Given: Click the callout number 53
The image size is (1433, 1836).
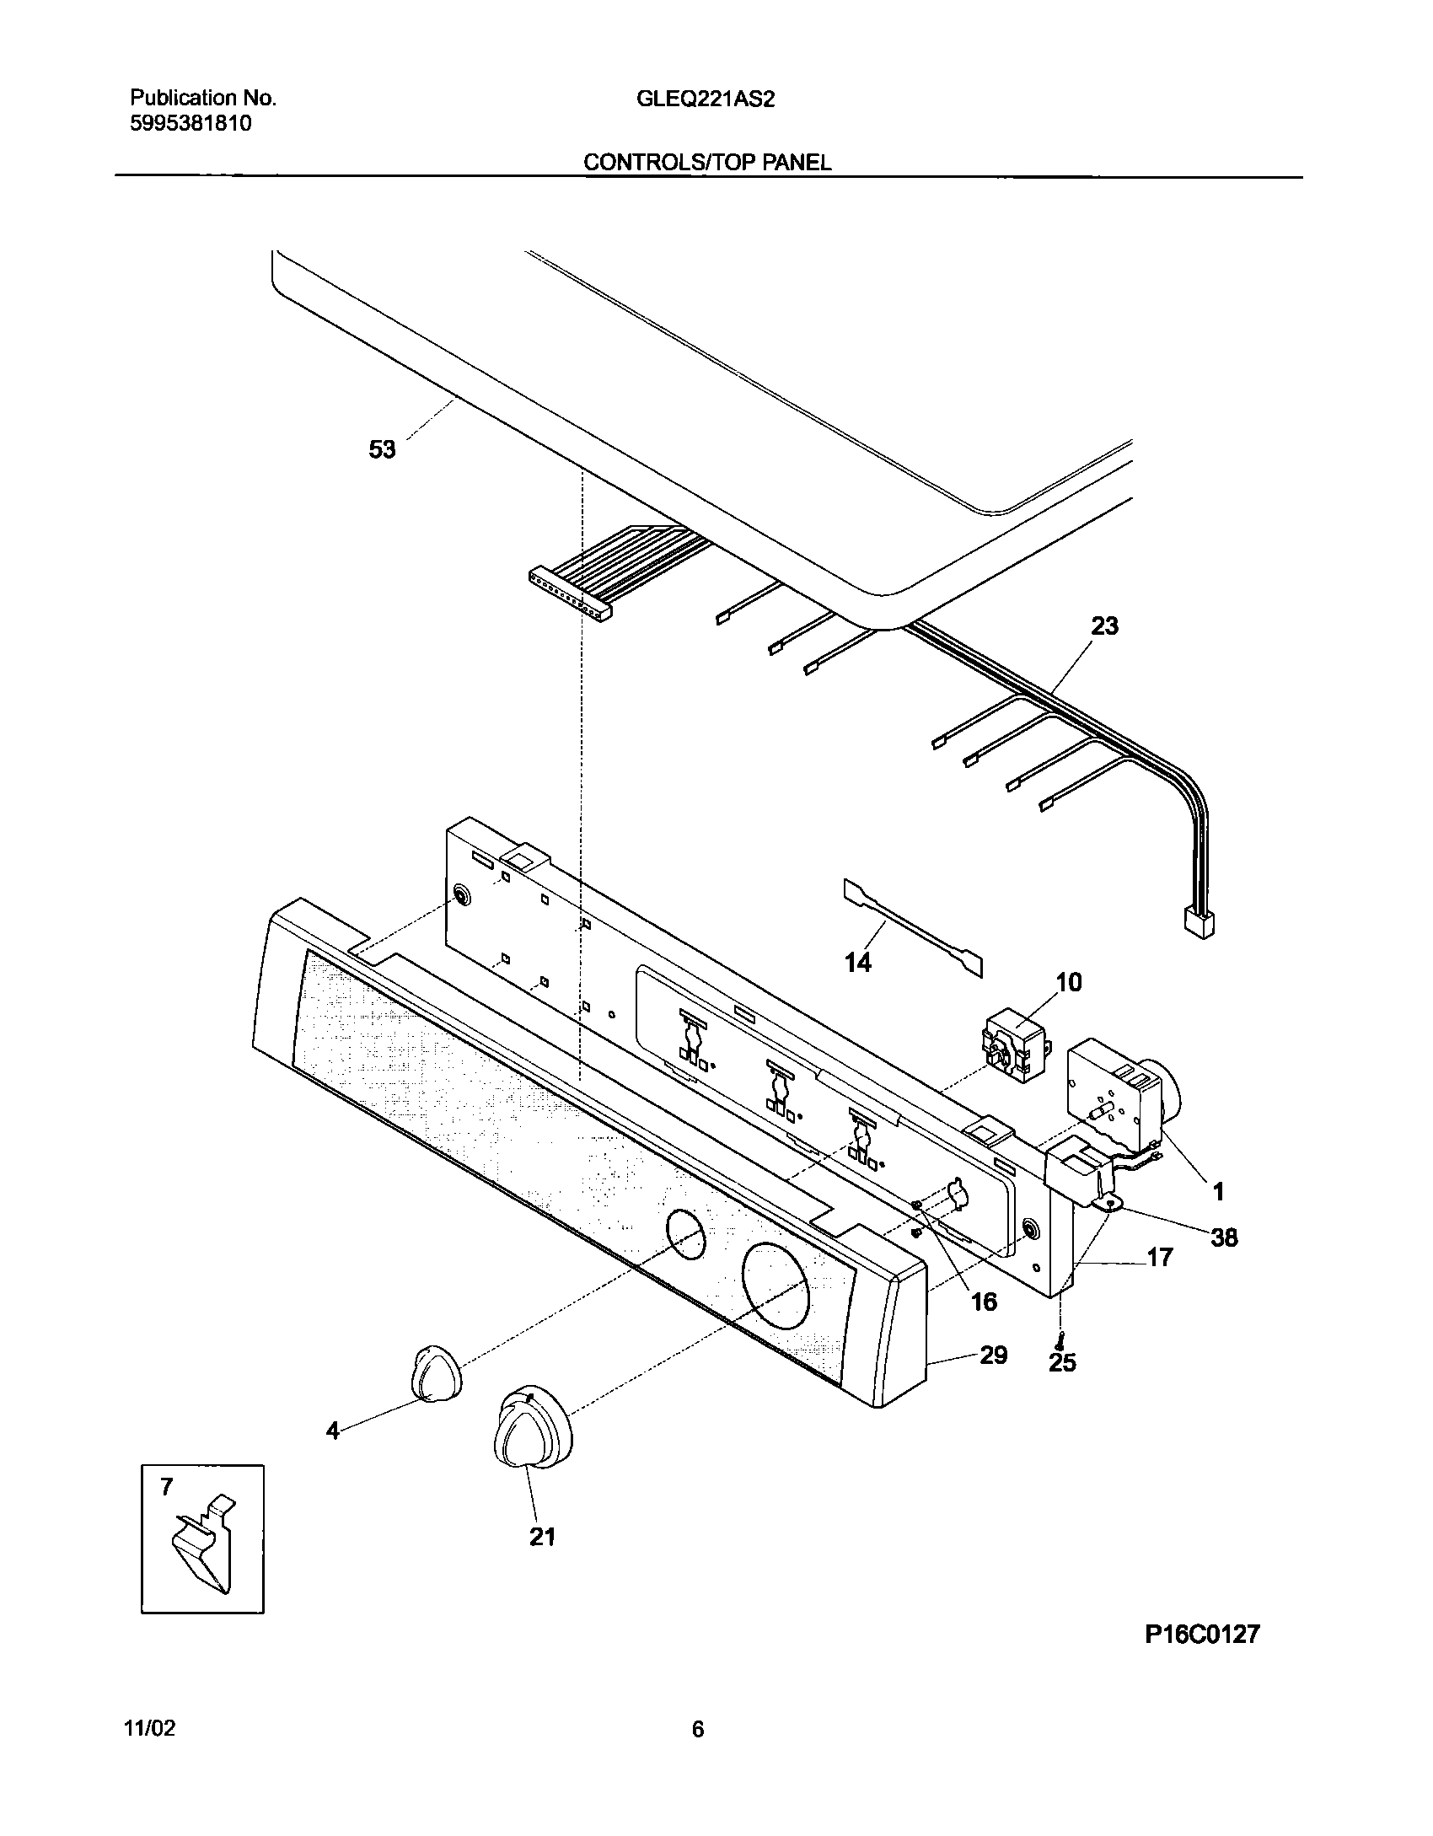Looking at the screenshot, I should pyautogui.click(x=382, y=450).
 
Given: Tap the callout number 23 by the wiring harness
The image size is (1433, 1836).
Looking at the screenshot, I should pyautogui.click(x=1104, y=626).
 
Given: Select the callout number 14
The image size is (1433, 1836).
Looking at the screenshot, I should pyautogui.click(x=858, y=962).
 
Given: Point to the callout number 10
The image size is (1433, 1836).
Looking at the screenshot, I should pyautogui.click(x=1068, y=982).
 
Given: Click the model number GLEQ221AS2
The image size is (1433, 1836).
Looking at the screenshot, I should pyautogui.click(x=706, y=99).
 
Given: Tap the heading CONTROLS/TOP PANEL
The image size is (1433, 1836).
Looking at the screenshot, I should pyautogui.click(x=707, y=163).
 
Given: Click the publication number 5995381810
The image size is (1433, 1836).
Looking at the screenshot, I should pyautogui.click(x=191, y=124).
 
